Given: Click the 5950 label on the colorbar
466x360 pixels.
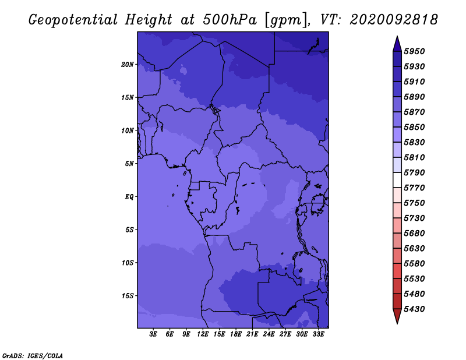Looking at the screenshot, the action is [414, 51].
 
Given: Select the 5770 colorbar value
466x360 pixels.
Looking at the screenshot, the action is [414, 188].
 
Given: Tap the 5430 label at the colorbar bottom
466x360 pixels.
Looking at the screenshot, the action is [414, 309].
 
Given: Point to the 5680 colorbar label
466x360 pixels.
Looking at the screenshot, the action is [414, 234].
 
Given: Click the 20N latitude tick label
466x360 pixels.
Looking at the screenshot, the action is [128, 65].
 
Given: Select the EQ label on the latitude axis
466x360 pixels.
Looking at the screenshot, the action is [129, 197].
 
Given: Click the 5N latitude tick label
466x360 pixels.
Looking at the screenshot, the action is [129, 164].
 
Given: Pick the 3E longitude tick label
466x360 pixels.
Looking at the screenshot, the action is [153, 334].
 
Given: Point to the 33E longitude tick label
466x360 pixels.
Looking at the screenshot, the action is [318, 334].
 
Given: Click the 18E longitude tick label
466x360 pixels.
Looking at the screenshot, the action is [236, 334].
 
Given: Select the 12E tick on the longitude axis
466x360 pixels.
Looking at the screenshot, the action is [203, 334].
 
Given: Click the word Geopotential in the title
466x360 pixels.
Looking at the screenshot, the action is [73, 20].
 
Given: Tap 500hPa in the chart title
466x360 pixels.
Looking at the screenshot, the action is [230, 20].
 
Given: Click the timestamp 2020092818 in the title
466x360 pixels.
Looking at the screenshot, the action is [394, 20].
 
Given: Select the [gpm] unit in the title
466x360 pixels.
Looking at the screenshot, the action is [287, 20].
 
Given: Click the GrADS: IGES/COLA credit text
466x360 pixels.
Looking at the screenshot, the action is [33, 356].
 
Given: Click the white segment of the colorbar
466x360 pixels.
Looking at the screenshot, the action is [397, 180].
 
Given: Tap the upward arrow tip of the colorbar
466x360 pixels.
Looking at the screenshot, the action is [397, 37].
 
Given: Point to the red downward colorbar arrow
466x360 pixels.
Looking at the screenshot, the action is [397, 316].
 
